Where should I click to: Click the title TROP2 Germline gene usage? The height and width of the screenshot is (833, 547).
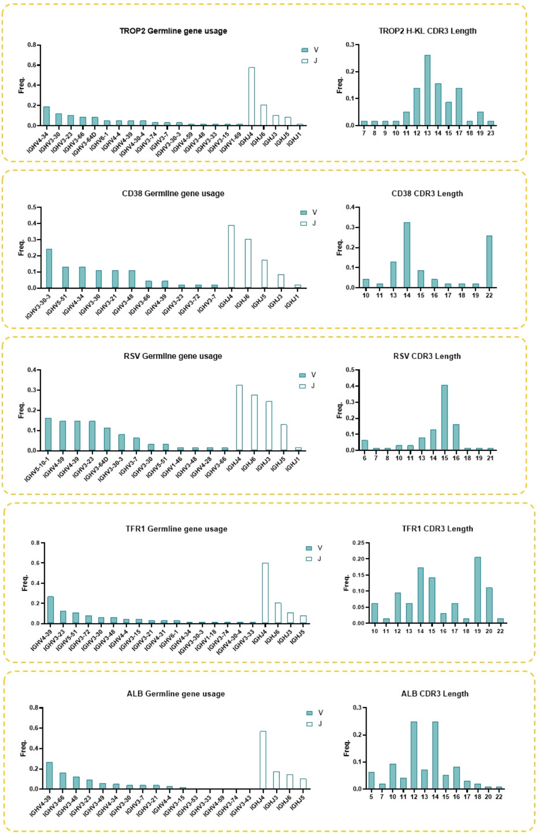click(173, 31)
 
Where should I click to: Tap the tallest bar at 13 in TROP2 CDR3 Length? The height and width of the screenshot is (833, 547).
click(427, 90)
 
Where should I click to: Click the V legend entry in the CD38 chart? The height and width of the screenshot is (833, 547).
click(309, 212)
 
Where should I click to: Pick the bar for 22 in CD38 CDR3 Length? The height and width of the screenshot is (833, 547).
click(489, 262)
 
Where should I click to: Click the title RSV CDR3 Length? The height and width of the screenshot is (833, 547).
click(426, 356)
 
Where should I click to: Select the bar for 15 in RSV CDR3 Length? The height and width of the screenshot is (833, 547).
click(445, 417)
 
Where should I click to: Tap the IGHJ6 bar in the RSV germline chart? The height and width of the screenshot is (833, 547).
click(254, 423)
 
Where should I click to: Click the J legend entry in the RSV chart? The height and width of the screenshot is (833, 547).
click(307, 386)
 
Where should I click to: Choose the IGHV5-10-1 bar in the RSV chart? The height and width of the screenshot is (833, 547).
click(48, 434)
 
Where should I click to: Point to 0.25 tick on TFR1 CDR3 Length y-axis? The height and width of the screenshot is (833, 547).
click(359, 543)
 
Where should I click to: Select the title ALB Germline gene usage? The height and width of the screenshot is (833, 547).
click(176, 694)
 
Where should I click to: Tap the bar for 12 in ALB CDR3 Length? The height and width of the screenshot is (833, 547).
click(414, 755)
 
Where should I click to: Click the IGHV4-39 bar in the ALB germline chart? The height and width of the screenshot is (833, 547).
click(49, 776)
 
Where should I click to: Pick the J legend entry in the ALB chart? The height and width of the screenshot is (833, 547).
click(315, 724)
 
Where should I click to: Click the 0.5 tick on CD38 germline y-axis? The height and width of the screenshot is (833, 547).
click(32, 208)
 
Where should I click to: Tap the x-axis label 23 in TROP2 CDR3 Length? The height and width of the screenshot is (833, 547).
click(491, 133)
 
